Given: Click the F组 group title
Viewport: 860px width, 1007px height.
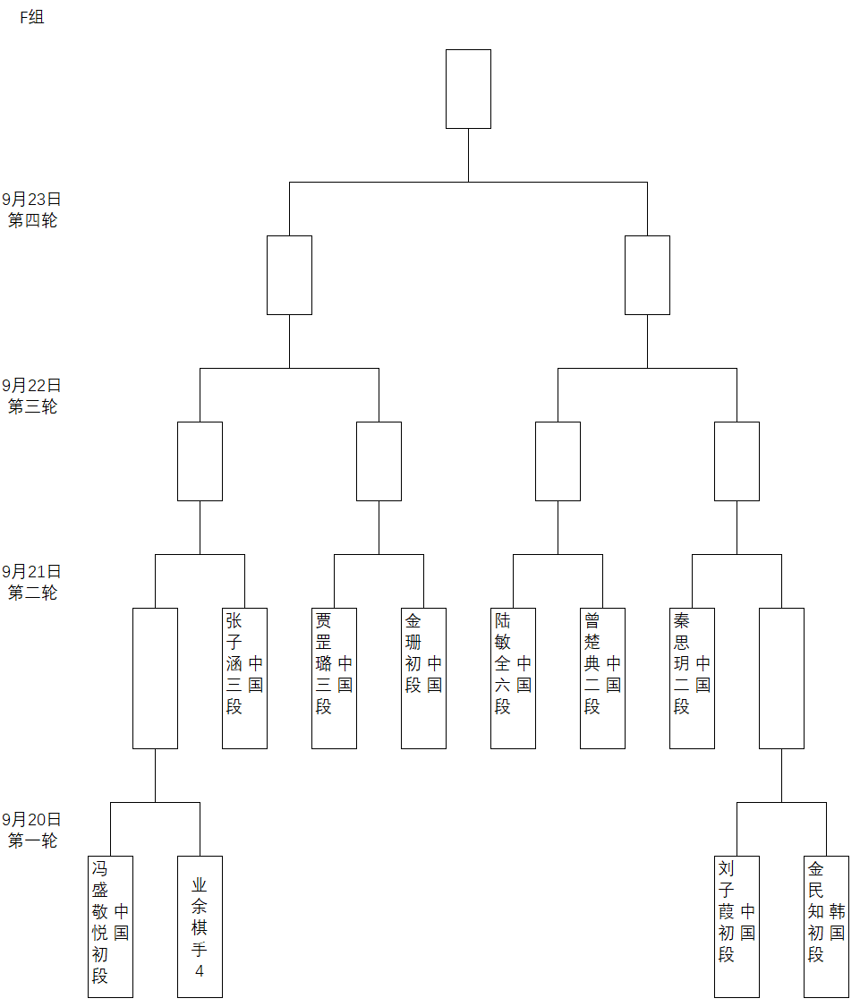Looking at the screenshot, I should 32,17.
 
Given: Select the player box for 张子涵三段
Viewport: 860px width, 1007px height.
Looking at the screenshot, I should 244,678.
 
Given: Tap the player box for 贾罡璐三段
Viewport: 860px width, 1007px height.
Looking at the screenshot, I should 334,678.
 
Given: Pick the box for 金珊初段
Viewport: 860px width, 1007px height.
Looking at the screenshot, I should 423,678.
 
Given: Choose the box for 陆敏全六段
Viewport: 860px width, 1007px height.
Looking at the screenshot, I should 513,678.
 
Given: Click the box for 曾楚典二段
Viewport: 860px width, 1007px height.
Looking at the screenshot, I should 602,678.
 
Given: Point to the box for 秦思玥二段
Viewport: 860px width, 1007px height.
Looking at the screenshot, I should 692,678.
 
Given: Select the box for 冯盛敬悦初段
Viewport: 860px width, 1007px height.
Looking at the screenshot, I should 110,926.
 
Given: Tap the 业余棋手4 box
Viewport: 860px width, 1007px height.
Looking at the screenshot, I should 200,926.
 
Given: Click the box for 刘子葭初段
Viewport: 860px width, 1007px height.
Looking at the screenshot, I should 737,926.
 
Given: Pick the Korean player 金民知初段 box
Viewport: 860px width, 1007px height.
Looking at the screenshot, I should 826,926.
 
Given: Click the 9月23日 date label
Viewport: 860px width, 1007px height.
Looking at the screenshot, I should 32,200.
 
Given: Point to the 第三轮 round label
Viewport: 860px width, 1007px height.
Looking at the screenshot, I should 32,406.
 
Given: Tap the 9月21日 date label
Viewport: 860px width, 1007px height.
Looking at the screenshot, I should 32,571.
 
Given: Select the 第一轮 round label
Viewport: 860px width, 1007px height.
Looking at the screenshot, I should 32,841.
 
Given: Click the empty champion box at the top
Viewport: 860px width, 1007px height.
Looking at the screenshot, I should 468,89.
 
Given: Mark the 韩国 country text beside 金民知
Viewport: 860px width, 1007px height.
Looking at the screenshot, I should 837,922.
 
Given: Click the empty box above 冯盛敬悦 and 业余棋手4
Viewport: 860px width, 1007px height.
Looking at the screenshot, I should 155,678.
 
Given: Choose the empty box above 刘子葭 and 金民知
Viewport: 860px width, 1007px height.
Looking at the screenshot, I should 781,678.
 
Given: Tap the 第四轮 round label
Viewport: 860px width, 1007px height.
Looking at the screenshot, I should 32,220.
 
